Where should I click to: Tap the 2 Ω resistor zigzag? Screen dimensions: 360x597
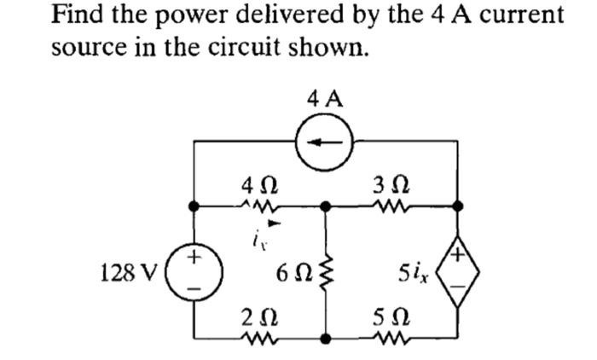258,339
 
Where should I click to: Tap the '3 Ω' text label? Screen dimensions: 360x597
388,183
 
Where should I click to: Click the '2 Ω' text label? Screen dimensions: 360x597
257,317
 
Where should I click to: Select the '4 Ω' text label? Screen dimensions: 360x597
257,183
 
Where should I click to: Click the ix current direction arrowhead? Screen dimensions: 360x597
273,224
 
